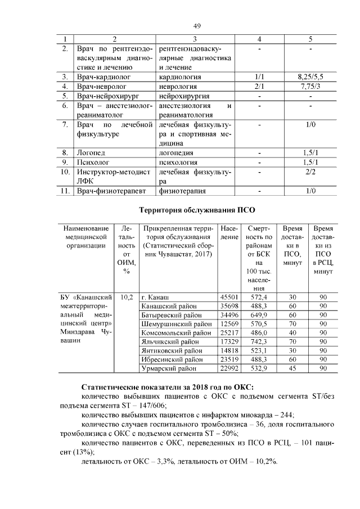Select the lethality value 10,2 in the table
(x=126, y=296)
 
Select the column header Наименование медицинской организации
(x=85, y=237)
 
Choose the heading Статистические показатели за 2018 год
(x=167, y=387)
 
